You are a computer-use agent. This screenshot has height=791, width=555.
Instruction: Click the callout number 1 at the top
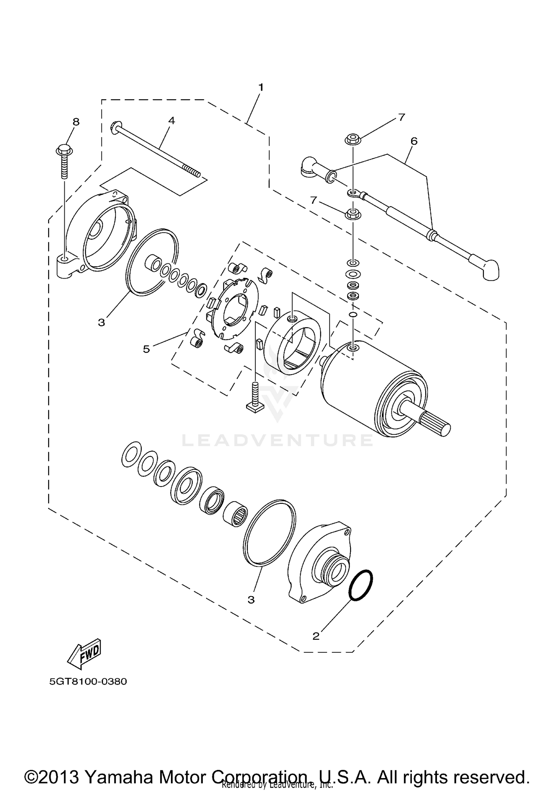(x=261, y=88)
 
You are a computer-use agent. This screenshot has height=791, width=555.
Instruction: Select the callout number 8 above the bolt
(x=76, y=122)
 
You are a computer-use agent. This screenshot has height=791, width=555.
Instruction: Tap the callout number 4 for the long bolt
(x=171, y=121)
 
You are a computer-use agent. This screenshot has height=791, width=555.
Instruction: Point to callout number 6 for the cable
(x=414, y=141)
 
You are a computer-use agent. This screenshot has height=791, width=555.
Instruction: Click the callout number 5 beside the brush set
(x=147, y=349)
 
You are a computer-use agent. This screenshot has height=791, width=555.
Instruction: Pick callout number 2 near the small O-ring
(x=316, y=636)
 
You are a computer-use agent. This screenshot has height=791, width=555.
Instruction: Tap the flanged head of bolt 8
(x=64, y=151)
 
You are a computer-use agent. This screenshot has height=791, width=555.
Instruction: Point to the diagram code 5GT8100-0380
(x=88, y=682)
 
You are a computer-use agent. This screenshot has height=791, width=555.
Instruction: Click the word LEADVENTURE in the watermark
(x=277, y=440)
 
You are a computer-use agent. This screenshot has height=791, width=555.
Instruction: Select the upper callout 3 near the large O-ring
(x=101, y=322)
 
